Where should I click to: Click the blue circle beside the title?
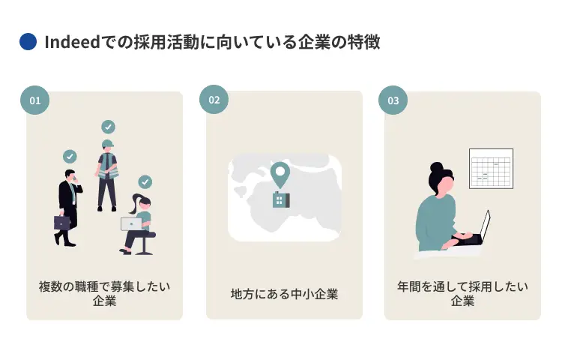point(28,42)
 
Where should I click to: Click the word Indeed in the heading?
point(72,42)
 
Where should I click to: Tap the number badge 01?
point(34,100)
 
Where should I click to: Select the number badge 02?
point(214,100)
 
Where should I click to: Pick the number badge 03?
point(393,100)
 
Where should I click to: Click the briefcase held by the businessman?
point(61,222)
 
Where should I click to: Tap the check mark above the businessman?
point(70,156)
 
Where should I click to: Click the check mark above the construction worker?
point(109,127)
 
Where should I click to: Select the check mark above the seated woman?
point(145,181)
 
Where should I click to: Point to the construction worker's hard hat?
point(108,144)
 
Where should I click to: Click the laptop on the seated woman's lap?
point(130,223)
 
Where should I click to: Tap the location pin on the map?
point(280,174)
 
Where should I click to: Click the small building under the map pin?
point(281,199)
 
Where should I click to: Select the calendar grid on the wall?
point(491,168)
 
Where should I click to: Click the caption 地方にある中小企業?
point(284,294)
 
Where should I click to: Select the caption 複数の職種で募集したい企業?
point(104,293)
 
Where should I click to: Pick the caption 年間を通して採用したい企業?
point(462,293)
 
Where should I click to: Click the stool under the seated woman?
point(145,244)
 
